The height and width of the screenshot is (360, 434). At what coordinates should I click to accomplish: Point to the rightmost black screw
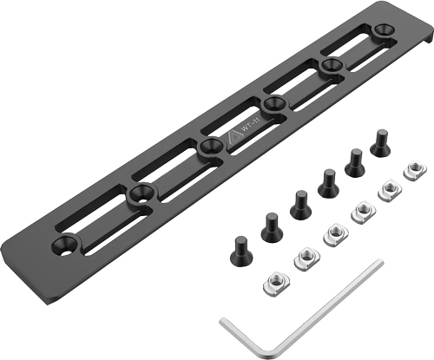[x=380, y=142]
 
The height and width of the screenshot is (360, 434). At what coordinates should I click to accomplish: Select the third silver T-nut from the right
[x=359, y=210]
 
